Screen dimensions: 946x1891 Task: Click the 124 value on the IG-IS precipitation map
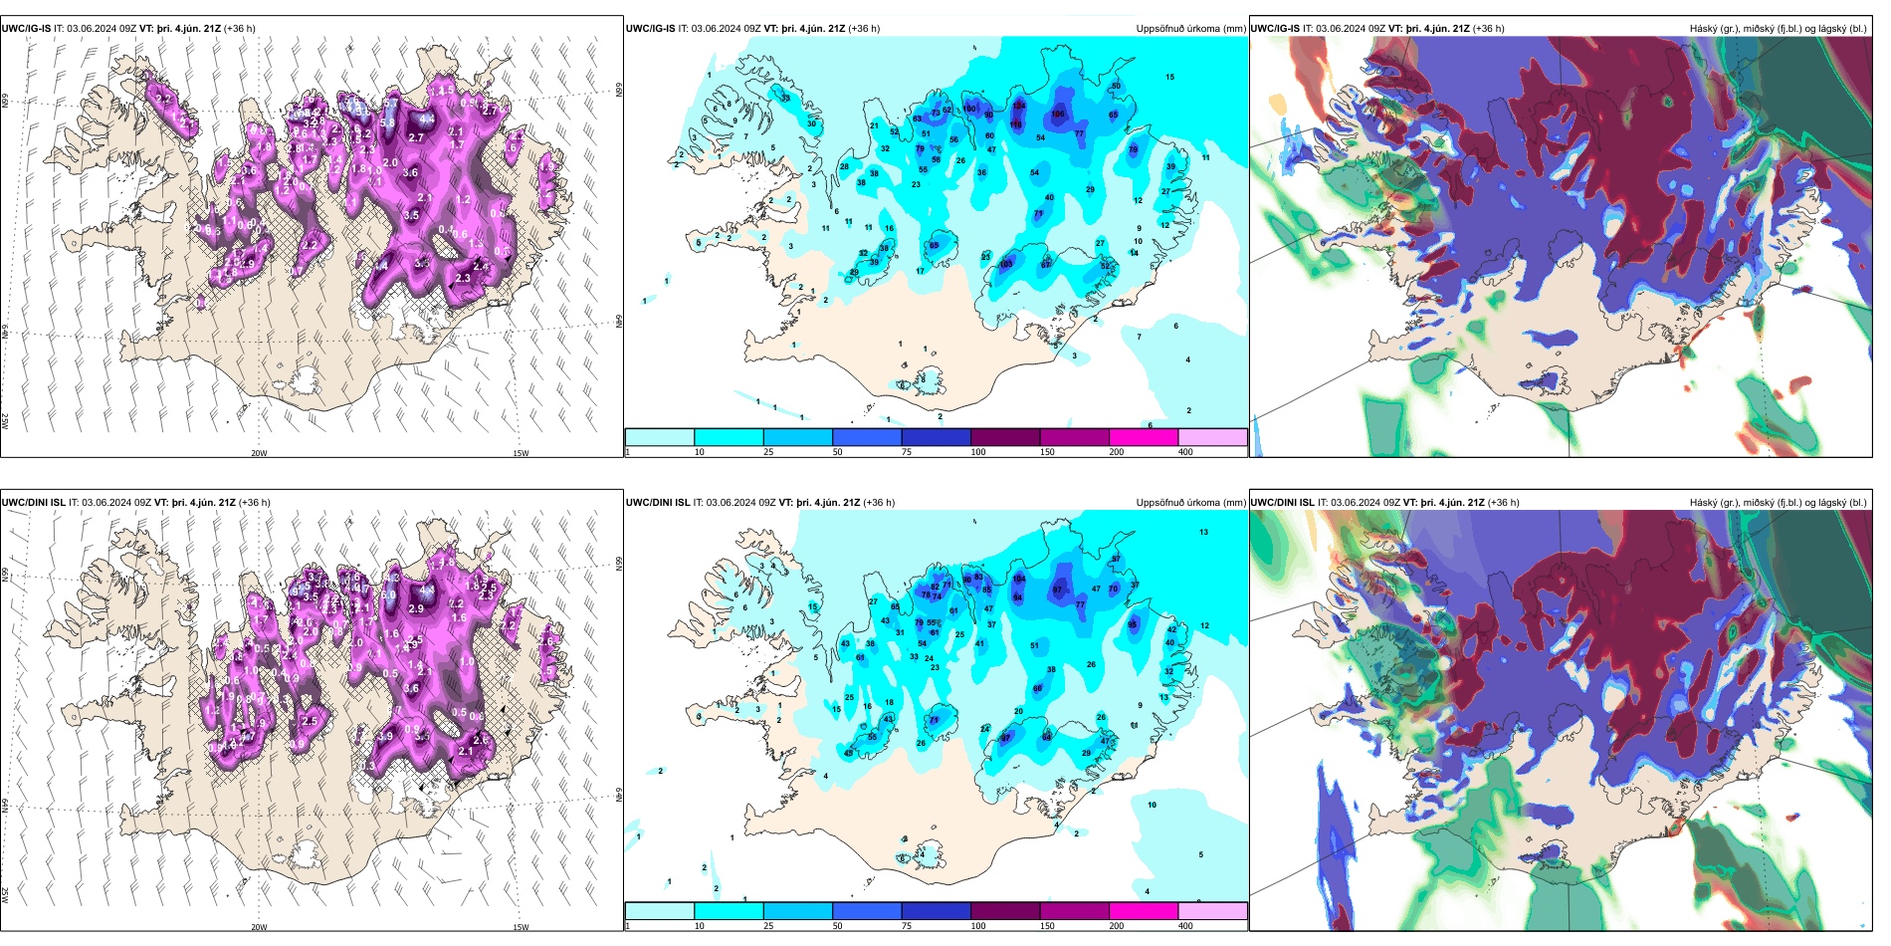coord(1018,105)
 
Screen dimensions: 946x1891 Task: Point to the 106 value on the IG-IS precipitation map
coord(1058,114)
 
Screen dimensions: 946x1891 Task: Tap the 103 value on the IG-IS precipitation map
coord(1006,264)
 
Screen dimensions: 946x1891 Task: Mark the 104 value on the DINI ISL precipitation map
coord(1018,579)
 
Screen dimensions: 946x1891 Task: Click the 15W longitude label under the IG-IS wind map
coord(520,453)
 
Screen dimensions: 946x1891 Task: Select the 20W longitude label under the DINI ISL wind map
coord(259,927)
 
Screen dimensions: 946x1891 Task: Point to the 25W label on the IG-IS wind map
coord(5,421)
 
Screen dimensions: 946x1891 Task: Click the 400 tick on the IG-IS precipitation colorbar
coord(1185,452)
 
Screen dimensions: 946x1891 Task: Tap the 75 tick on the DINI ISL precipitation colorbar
coord(906,926)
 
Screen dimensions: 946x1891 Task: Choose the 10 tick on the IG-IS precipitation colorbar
coord(699,452)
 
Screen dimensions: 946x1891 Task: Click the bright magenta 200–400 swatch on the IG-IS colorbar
coord(1144,437)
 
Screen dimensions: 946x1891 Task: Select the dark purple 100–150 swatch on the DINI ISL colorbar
coord(1005,911)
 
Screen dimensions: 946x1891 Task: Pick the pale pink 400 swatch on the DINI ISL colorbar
coord(1212,911)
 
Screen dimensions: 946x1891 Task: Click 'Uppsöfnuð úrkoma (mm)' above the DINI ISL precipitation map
coord(1190,503)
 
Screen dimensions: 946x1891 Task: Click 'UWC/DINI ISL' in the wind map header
coord(33,503)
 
